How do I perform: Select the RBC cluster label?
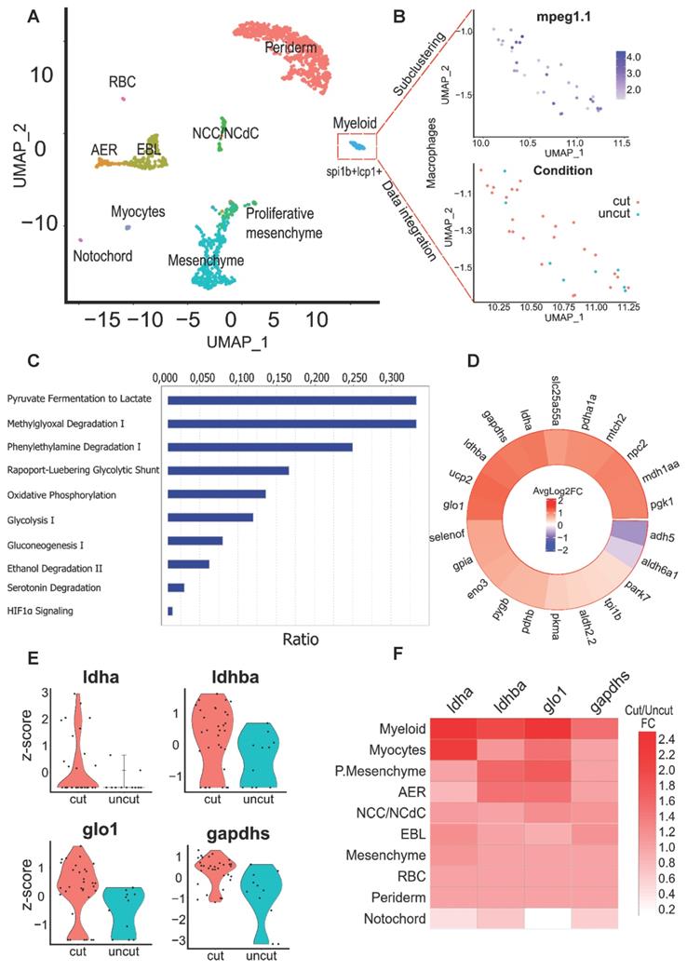[123, 82]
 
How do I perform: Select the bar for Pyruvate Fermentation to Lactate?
[291, 400]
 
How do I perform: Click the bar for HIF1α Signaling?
[170, 611]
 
